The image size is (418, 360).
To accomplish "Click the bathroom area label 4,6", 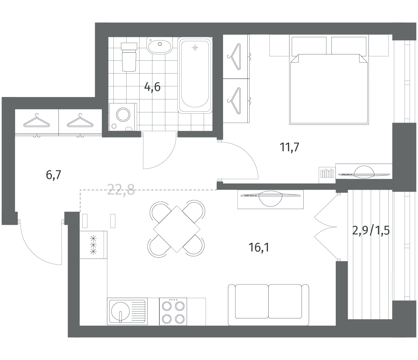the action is (152, 87).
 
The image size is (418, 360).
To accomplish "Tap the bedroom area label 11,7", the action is (289, 147).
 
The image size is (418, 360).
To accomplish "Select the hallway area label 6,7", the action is (53, 175).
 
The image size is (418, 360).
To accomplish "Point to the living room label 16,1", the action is (259, 247).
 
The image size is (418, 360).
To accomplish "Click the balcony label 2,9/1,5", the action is (371, 231).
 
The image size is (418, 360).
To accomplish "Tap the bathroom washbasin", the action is (160, 46).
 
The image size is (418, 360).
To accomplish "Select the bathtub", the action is (195, 75).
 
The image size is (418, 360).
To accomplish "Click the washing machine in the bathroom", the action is (123, 117).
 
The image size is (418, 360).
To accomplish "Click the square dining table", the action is (177, 229).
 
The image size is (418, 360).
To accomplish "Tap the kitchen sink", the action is (127, 311).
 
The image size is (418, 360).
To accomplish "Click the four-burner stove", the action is (173, 311).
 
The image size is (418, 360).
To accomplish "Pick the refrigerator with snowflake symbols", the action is (93, 245).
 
